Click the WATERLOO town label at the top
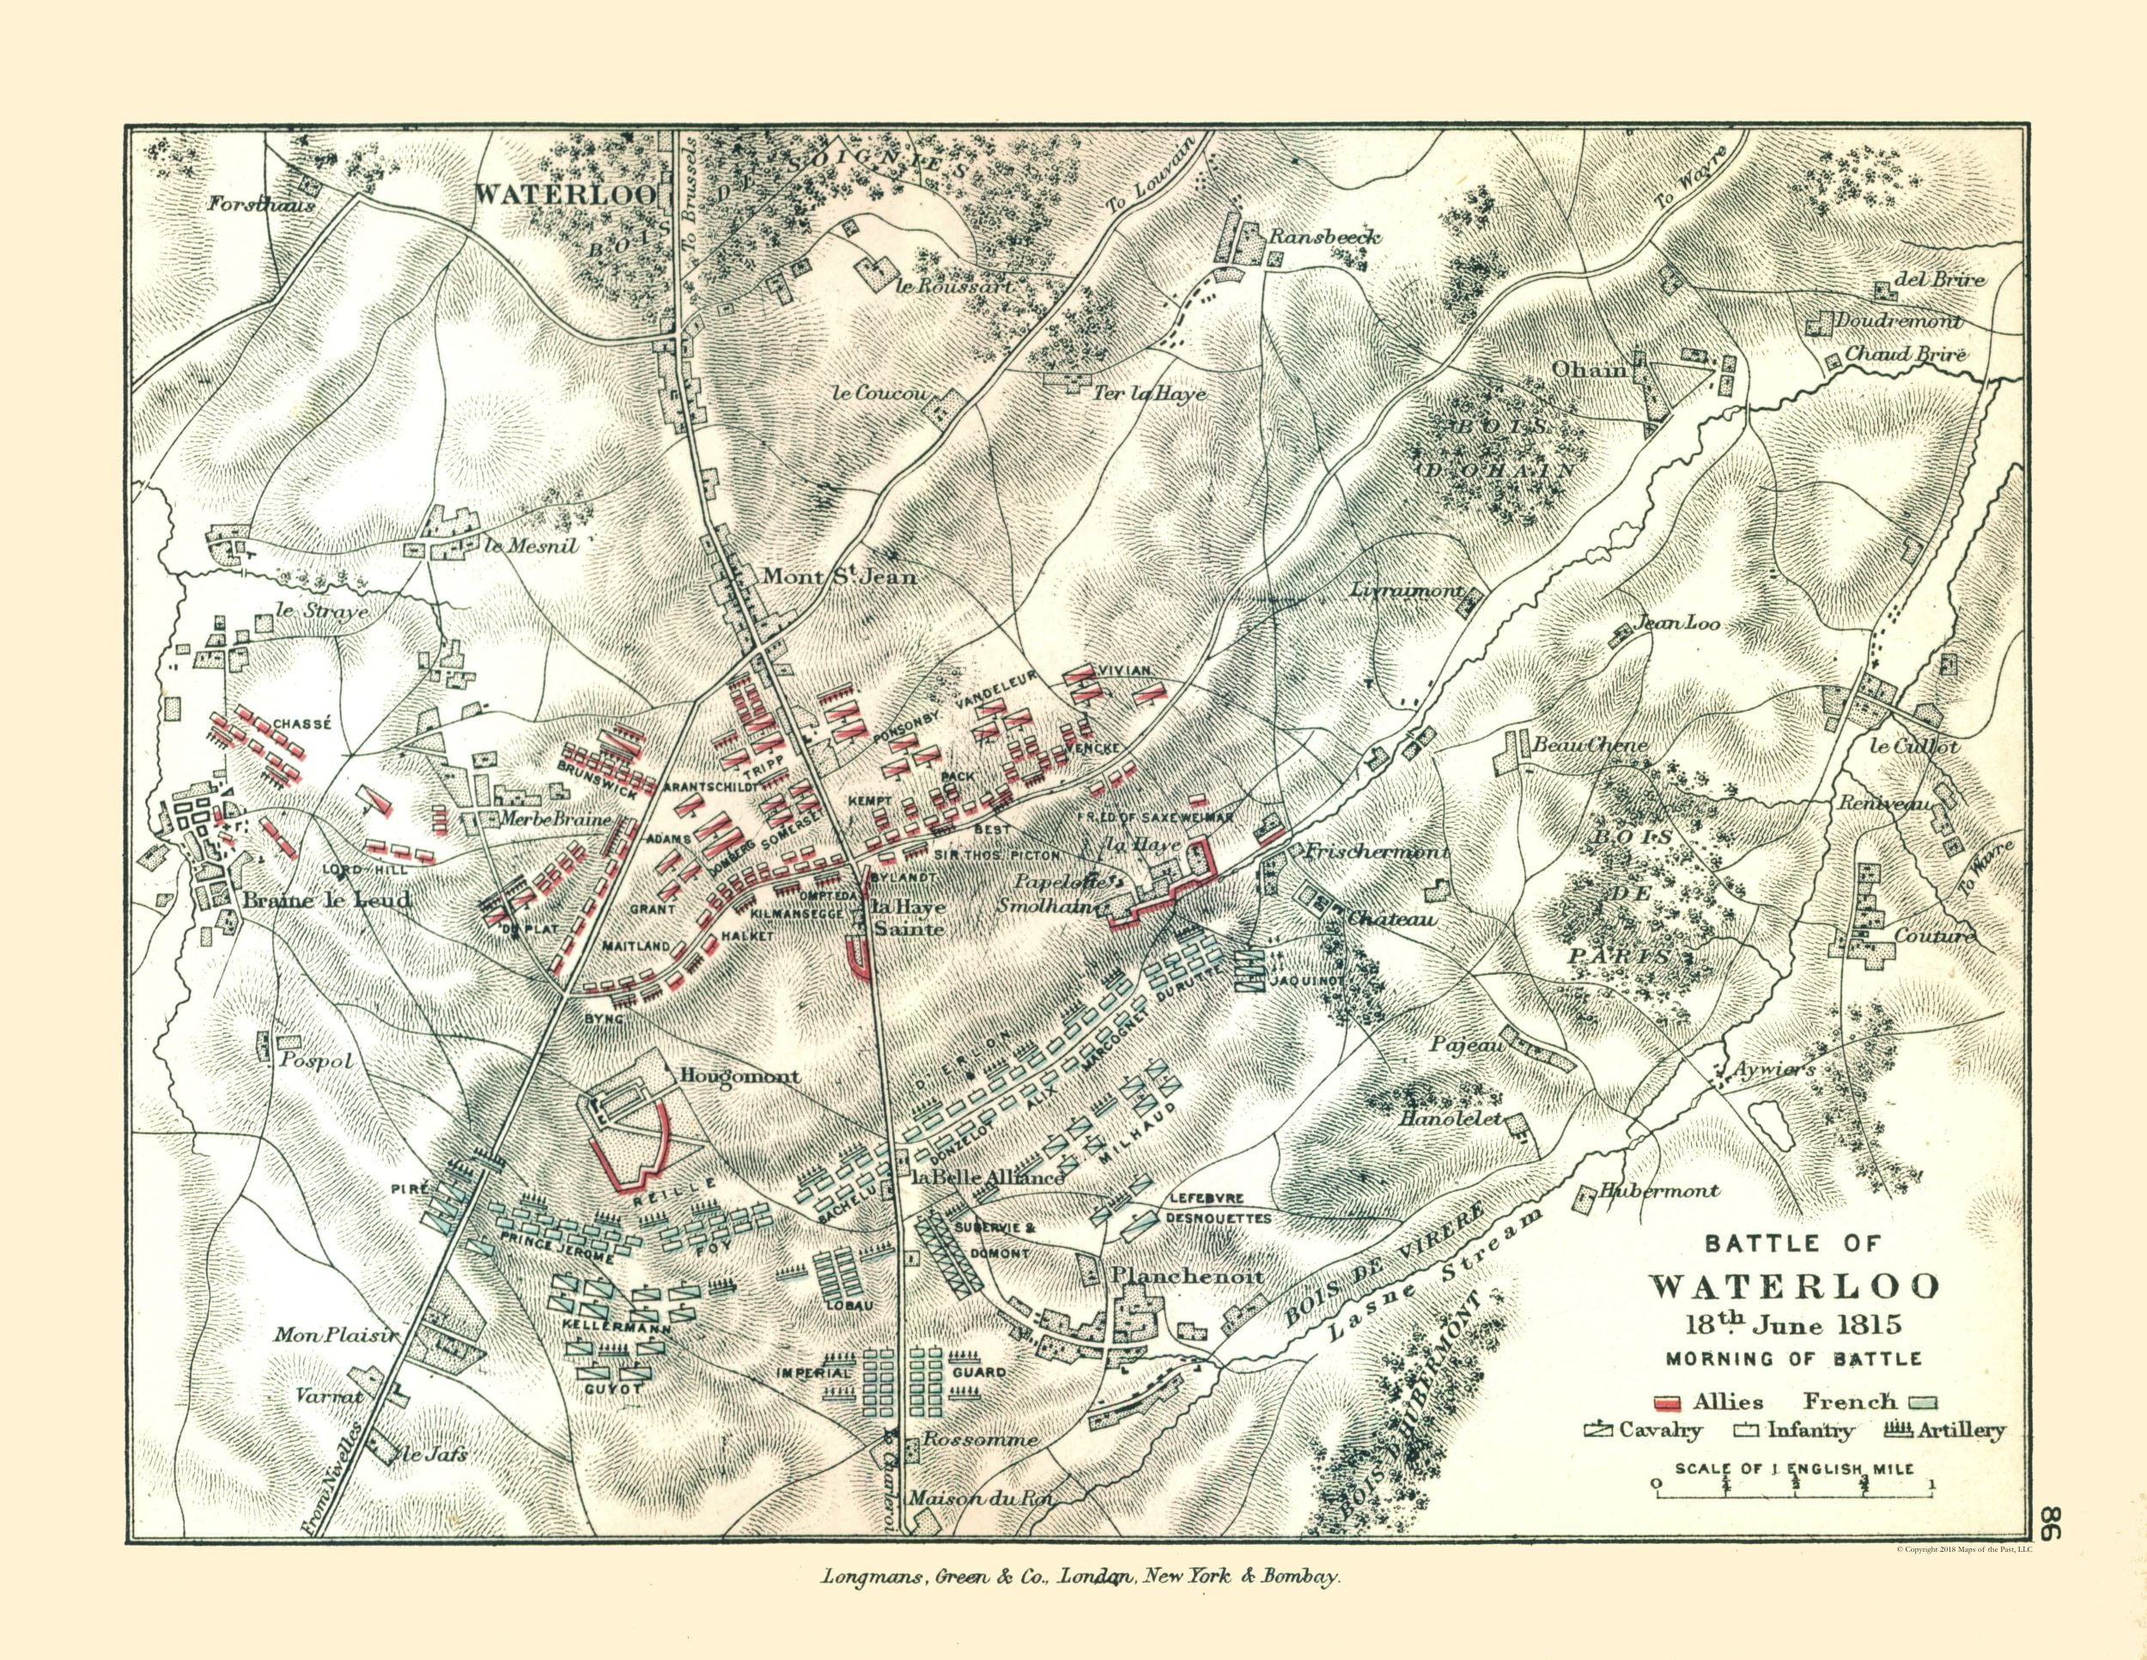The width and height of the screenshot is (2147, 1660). pos(565,193)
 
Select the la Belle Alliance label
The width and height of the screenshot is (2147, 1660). pos(988,1177)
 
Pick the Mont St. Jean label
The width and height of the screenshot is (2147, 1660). pos(837,577)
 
